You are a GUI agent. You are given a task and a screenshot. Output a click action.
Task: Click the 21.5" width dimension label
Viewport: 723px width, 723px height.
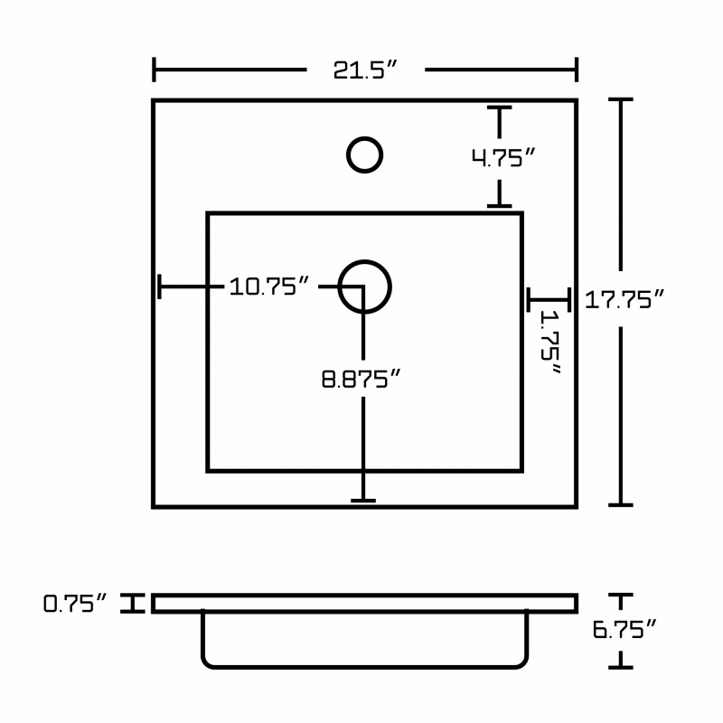[365, 70]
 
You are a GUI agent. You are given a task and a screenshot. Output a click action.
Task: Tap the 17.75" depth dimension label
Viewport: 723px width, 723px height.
[624, 300]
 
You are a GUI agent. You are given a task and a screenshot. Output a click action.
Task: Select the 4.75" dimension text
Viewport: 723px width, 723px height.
[503, 157]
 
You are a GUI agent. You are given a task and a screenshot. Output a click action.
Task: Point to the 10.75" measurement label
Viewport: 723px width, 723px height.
[268, 286]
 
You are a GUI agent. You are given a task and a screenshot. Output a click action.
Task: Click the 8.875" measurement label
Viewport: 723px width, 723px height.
[361, 379]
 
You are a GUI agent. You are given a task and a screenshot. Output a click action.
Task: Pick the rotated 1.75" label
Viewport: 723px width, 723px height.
[550, 342]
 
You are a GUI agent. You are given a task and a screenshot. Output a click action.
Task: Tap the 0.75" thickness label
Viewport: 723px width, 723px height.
[75, 603]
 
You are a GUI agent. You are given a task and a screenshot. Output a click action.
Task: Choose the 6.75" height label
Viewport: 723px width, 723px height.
[624, 629]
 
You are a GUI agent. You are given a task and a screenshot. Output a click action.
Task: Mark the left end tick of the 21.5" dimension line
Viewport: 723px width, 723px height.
[154, 70]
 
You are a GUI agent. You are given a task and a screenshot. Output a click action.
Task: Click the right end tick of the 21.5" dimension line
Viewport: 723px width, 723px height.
[577, 70]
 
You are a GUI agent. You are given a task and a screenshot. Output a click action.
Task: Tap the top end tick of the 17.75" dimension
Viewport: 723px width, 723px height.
[621, 99]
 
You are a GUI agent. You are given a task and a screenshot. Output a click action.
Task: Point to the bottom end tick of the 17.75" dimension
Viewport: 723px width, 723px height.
[621, 505]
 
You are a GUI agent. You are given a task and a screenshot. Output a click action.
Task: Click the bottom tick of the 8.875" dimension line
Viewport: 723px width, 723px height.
[363, 501]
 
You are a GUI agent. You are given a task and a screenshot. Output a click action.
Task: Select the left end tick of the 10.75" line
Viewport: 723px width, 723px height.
[160, 286]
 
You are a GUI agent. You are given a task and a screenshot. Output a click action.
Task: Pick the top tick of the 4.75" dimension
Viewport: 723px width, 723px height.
[500, 108]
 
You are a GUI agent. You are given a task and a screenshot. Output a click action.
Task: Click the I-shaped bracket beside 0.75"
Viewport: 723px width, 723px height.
[133, 603]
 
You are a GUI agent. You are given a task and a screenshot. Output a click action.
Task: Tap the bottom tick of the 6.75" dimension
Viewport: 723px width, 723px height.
[621, 667]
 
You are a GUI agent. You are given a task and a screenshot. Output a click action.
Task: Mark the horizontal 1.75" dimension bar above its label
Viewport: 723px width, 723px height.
[549, 300]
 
